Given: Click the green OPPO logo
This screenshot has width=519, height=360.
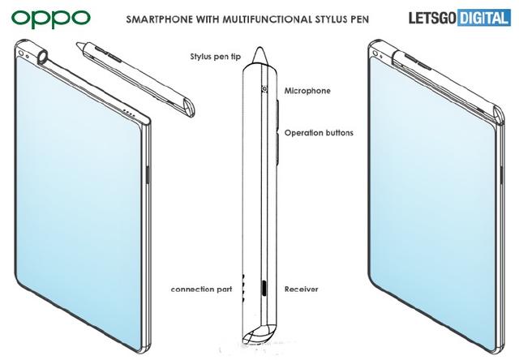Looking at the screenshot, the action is [x=50, y=19].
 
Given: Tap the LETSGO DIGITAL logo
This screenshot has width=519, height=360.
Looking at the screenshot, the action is [x=460, y=18].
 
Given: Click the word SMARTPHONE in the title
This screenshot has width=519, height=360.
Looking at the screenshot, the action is [x=159, y=19].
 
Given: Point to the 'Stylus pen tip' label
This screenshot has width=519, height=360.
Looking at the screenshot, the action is [x=216, y=57].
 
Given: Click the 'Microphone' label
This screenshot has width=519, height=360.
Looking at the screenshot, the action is [x=307, y=91].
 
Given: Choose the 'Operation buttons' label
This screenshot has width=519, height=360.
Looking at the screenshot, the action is [x=319, y=133].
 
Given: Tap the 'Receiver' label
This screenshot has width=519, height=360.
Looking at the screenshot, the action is [x=301, y=289].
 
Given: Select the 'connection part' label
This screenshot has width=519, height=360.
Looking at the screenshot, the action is [x=202, y=289].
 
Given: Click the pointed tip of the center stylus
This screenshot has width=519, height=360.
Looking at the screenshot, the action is [x=260, y=48].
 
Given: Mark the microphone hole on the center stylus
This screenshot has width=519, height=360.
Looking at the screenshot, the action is [x=264, y=88].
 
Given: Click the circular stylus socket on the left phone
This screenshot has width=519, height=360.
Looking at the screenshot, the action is [x=43, y=57].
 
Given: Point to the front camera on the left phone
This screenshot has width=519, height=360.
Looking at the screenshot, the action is [x=21, y=54].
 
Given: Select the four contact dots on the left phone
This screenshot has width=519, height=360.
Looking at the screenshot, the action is [x=128, y=114].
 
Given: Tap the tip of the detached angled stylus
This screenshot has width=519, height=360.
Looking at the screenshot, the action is [x=78, y=44].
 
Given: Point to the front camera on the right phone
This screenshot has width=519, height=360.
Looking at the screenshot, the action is [x=375, y=53].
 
